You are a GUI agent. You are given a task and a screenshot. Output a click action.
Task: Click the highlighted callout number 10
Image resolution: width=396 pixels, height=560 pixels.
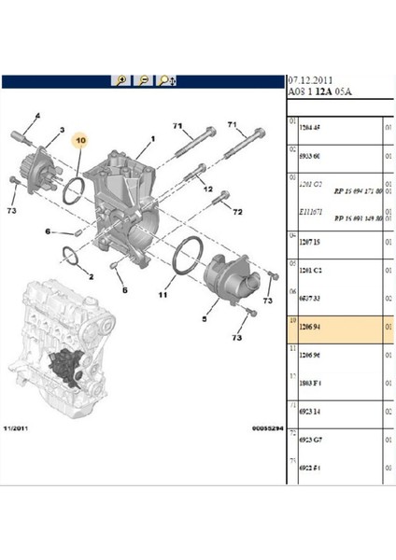click(x=80, y=140)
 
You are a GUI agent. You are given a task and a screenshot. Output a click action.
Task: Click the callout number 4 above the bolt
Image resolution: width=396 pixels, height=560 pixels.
click(x=38, y=115)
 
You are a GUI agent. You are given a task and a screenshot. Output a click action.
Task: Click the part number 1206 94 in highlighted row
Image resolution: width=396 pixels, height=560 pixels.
click(x=308, y=329)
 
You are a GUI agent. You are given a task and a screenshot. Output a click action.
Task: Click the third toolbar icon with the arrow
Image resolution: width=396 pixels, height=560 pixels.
click(x=167, y=82)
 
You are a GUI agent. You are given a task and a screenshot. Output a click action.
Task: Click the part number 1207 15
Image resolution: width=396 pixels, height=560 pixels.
click(x=308, y=242)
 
